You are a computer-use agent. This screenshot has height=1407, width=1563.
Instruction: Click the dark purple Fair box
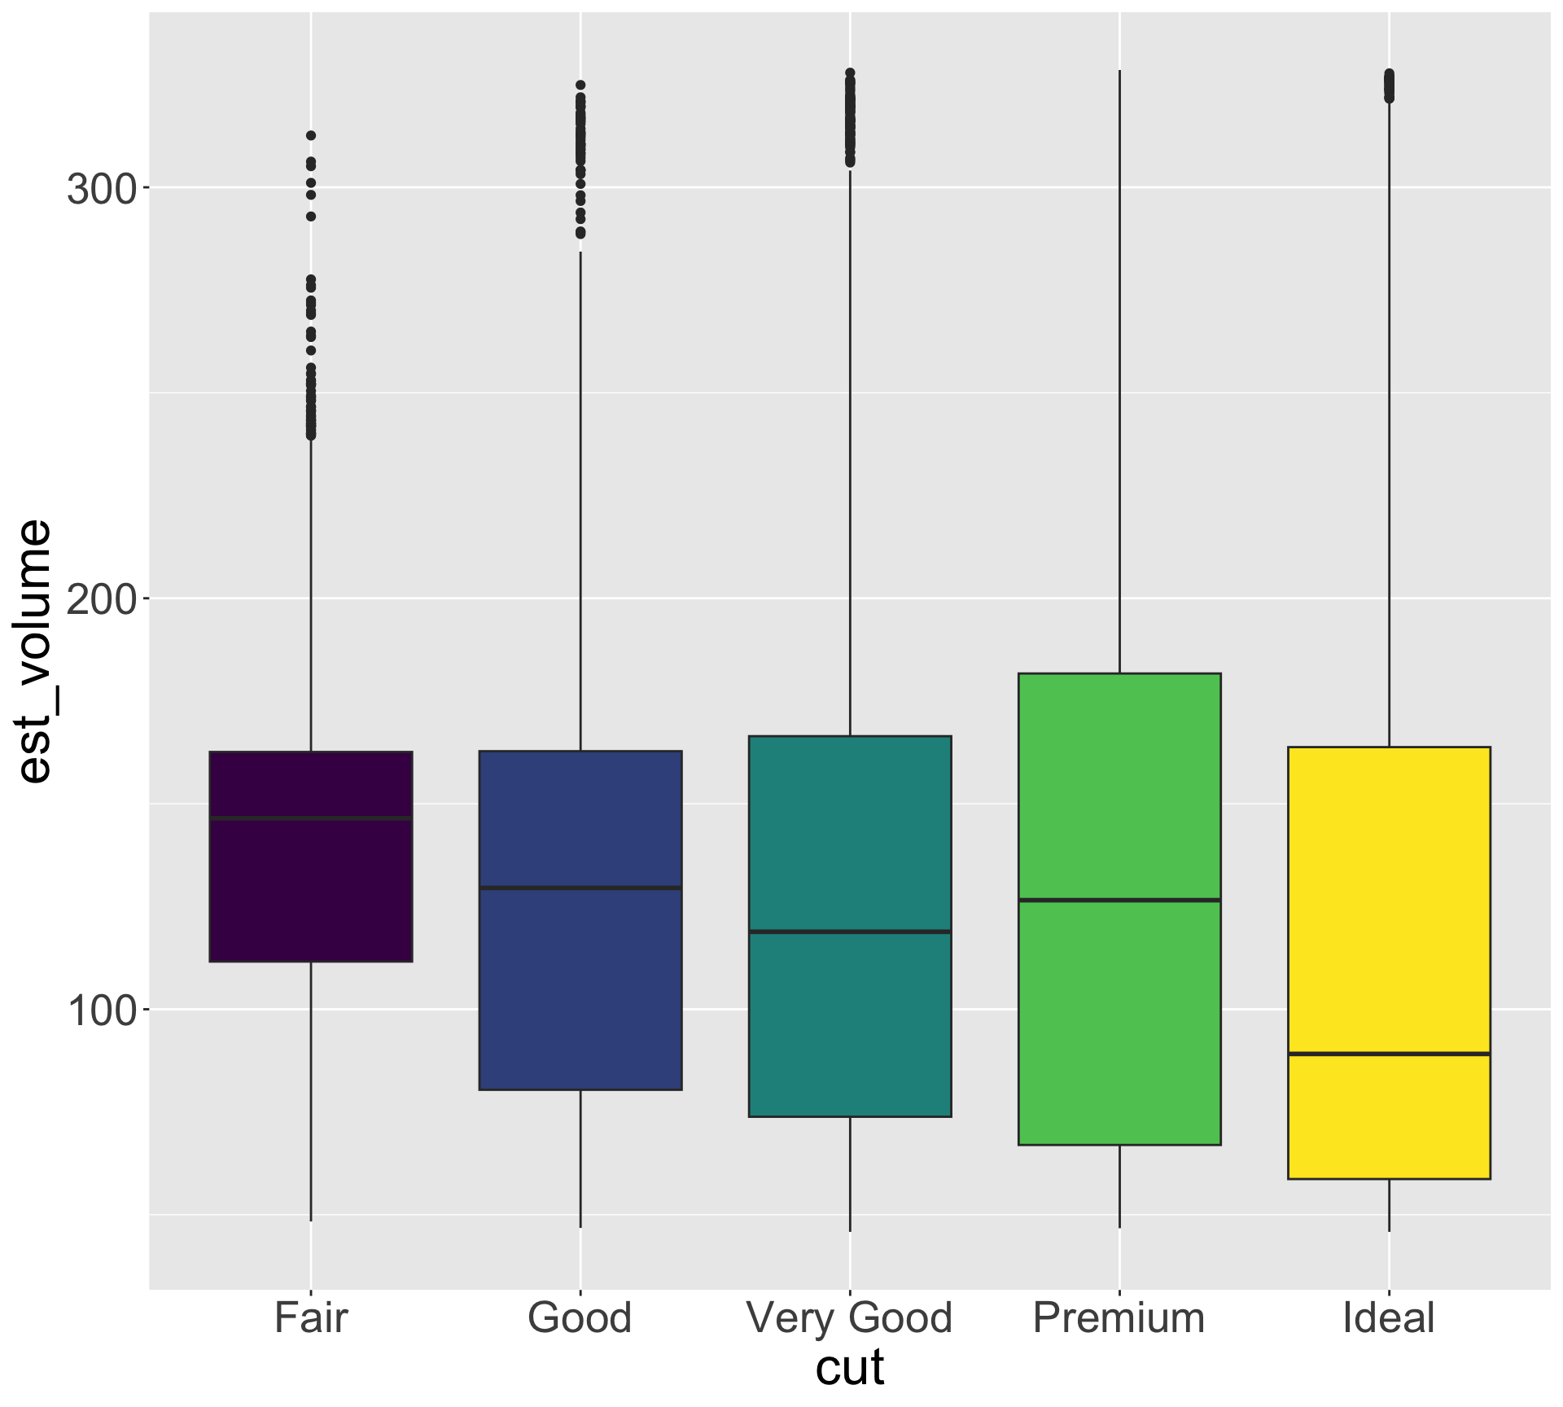311,888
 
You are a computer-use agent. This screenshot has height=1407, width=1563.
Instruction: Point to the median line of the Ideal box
1389,1054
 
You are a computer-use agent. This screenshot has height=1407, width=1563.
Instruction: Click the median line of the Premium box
1119,900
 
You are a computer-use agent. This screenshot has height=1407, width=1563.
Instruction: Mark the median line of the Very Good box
850,931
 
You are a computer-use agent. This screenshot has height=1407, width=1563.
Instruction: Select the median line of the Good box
580,888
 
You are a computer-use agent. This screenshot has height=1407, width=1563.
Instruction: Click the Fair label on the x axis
311,1318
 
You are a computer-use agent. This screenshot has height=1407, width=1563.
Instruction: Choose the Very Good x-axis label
850,1318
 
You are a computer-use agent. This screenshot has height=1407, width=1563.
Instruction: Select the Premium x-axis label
1119,1318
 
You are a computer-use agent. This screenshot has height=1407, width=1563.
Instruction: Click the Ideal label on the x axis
1389,1318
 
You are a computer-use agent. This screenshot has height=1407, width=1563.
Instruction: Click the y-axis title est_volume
34,651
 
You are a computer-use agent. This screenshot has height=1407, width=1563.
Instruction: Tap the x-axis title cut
850,1369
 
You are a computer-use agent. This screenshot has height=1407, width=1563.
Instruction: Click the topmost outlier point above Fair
311,135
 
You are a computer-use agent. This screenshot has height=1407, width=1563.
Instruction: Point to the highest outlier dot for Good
580,85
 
